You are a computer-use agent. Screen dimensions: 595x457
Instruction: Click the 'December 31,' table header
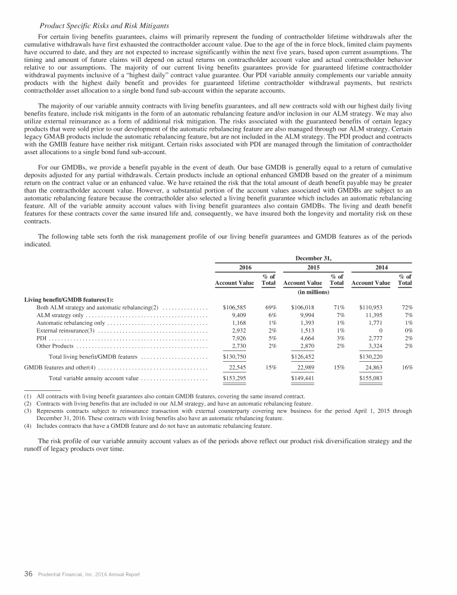(x=312, y=258)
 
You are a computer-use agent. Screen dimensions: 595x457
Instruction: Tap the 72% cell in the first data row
(x=407, y=308)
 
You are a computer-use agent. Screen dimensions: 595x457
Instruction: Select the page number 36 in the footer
(x=27, y=574)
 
